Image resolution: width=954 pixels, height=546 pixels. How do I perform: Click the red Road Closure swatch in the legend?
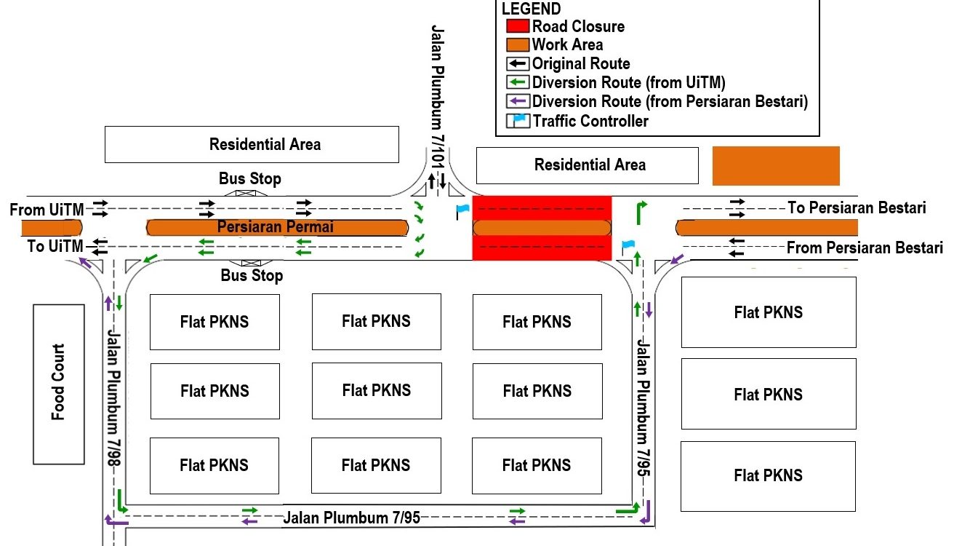point(518,27)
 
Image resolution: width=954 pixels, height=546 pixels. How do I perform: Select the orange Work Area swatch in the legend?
point(518,45)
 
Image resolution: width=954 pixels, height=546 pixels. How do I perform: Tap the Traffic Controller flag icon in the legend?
point(518,121)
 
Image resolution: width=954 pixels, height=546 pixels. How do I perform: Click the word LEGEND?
point(531,9)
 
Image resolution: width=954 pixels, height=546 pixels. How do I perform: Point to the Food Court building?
point(58,383)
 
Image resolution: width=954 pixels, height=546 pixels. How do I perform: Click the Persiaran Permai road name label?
point(276,227)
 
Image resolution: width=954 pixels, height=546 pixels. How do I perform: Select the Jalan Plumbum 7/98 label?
point(114,393)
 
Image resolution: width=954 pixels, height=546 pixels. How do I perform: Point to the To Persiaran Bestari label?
point(857,208)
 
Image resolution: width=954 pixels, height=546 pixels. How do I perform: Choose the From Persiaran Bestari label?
point(865,248)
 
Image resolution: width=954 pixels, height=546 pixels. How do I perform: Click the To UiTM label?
point(55,246)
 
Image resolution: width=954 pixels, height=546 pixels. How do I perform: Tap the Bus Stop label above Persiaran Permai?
point(250,178)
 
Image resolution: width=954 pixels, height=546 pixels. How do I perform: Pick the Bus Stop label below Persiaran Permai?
point(252,276)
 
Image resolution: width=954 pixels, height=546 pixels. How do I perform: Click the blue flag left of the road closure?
point(462,211)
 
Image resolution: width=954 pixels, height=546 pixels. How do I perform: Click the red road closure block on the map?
point(542,227)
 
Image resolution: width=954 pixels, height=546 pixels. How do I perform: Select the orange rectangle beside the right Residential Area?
point(776,166)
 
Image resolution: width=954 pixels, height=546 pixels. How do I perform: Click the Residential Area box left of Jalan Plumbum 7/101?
point(252,144)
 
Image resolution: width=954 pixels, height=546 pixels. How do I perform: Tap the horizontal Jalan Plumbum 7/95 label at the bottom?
point(351,518)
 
